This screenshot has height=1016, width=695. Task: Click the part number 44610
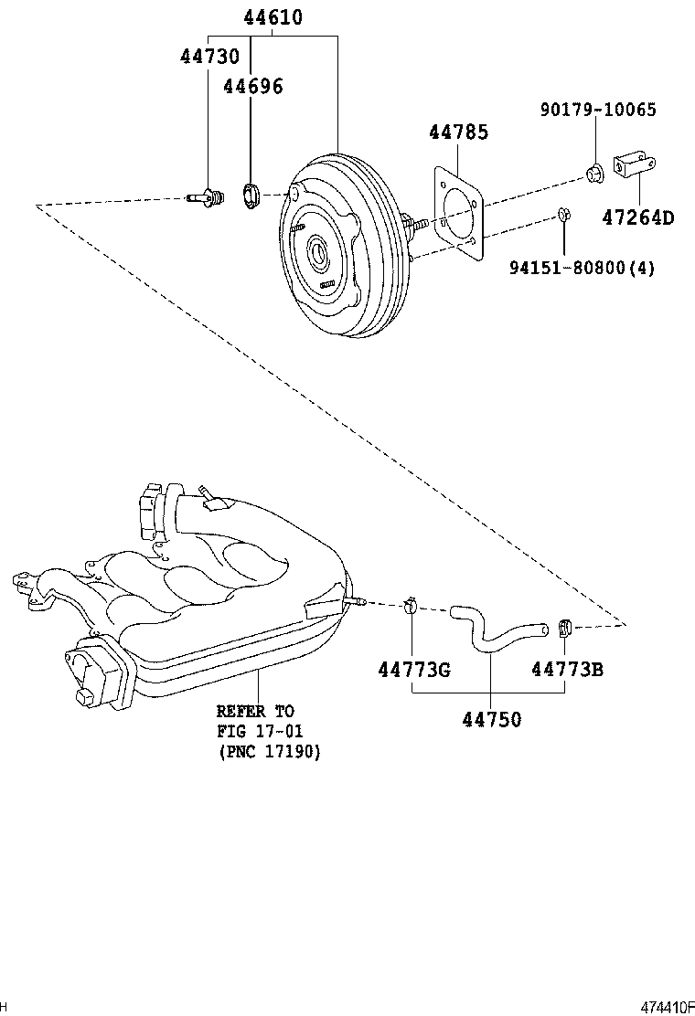(x=273, y=17)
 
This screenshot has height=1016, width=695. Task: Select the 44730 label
(x=208, y=57)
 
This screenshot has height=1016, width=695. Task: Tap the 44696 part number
(x=253, y=87)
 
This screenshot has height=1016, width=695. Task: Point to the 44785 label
(x=458, y=132)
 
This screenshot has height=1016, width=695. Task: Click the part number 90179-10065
(x=597, y=111)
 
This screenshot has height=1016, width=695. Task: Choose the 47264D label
(x=637, y=217)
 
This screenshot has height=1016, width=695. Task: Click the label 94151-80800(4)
(x=583, y=268)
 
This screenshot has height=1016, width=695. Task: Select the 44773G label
(x=414, y=670)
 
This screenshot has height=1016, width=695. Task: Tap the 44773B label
(x=567, y=670)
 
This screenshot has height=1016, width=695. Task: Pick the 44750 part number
(x=491, y=720)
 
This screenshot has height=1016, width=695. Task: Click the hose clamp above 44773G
(x=411, y=604)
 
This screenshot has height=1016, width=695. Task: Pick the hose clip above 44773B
(x=564, y=627)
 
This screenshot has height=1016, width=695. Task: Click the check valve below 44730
(x=208, y=196)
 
